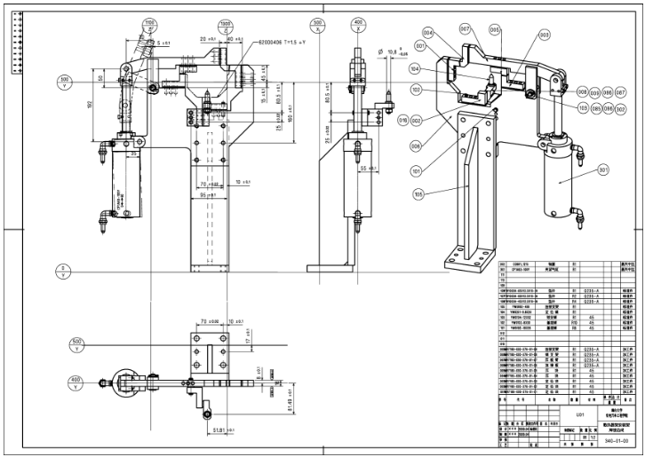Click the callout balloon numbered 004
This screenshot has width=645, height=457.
click(x=429, y=32)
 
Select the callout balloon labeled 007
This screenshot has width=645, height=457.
click(x=465, y=28)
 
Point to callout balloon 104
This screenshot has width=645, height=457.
click(x=414, y=68)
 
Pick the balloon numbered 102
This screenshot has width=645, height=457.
click(x=415, y=90)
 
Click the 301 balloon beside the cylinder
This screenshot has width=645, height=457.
click(x=603, y=169)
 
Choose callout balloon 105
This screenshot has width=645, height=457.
click(x=418, y=193)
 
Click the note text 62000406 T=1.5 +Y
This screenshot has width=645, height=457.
click(x=282, y=42)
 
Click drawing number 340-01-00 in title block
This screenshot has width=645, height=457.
click(x=616, y=441)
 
